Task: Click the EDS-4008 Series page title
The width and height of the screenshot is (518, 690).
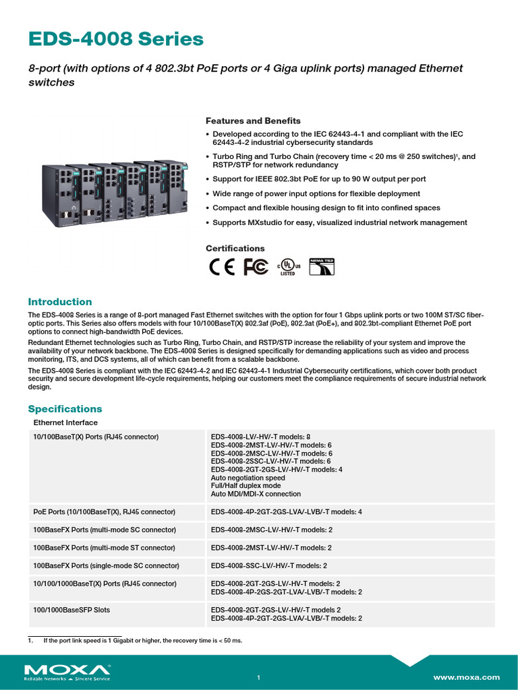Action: tap(115, 39)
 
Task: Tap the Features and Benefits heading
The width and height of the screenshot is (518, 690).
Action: tap(253, 121)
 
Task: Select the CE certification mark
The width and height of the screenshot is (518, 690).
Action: tap(222, 268)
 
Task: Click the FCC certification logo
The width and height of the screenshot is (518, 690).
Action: tap(256, 268)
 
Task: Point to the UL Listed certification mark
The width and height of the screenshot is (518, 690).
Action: tap(288, 268)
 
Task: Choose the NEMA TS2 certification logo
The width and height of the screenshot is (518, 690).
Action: tap(322, 268)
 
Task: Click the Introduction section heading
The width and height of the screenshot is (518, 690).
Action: tap(59, 302)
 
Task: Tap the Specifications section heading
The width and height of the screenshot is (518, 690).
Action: tap(65, 409)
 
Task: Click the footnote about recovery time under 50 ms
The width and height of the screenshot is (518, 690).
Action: tap(142, 640)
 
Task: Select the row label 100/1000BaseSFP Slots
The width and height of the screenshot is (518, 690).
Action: tap(71, 610)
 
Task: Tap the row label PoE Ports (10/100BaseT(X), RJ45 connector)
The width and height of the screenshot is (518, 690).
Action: tap(104, 512)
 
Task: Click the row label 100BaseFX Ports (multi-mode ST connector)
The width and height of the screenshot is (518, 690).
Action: tap(104, 548)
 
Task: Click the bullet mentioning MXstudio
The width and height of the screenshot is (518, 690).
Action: tap(339, 222)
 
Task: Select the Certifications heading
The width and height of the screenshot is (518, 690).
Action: tap(235, 249)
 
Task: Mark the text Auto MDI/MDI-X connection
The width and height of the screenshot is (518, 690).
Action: tap(256, 494)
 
